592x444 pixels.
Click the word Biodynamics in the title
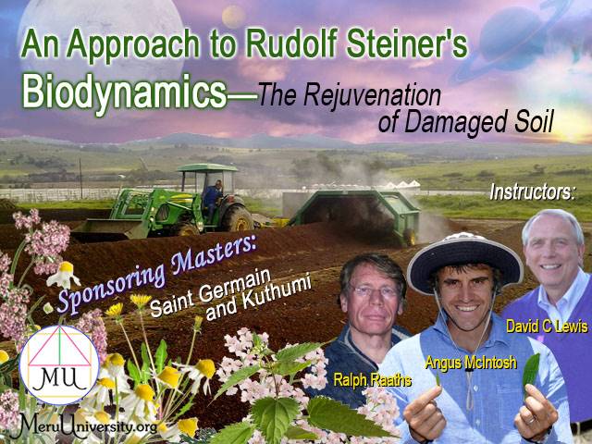(125, 92)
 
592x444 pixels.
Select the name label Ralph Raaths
(372, 380)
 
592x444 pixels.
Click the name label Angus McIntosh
(471, 363)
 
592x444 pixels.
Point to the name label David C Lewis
(547, 327)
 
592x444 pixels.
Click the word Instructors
(533, 192)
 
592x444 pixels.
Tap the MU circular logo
(59, 364)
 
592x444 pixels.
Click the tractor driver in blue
(212, 198)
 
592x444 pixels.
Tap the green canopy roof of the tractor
(207, 167)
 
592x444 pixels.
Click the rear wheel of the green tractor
(237, 218)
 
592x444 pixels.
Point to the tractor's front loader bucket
(109, 229)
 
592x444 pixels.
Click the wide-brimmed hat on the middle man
(464, 261)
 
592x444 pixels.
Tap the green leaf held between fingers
(531, 370)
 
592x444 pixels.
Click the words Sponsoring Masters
(156, 275)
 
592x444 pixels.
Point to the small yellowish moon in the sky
(234, 17)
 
